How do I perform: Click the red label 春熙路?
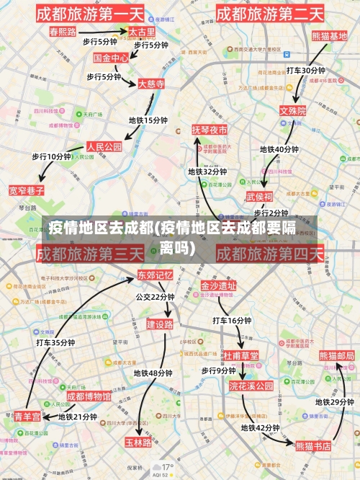pos(63,32)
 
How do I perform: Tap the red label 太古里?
pos(141,32)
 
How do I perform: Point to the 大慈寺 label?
pos(151,84)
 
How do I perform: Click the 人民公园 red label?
pos(104,146)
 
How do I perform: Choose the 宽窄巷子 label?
pos(27,190)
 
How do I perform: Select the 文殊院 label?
pos(293,111)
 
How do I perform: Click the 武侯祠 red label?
pos(259,196)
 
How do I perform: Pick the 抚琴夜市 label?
pos(210,130)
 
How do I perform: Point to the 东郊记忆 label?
pos(156,275)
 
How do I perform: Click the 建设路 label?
pos(160,324)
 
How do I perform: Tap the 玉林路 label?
pos(138,442)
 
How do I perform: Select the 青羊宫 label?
pos(28,416)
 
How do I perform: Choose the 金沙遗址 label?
pos(218,285)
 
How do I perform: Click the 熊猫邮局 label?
pos(337,356)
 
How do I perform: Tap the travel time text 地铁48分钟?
pos(153,373)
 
